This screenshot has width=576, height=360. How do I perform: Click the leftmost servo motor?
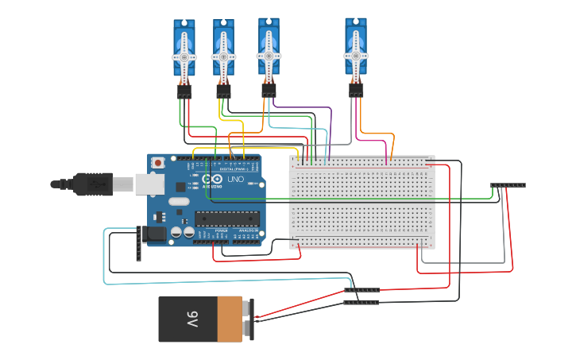[184, 52]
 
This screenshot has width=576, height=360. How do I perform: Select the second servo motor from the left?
[223, 52]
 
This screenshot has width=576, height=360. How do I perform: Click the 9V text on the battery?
[192, 319]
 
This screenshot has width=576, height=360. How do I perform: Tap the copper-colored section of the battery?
[230, 319]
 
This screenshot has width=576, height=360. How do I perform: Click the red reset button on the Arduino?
[158, 163]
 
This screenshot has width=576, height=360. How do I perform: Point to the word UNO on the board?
[236, 180]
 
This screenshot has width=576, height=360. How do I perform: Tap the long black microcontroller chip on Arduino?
[227, 218]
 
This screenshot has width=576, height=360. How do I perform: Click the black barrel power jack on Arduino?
[153, 234]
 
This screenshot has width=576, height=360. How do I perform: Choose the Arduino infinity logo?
[218, 180]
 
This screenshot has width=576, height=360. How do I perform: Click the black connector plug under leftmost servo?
[184, 92]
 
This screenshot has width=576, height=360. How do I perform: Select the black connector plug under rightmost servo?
[356, 91]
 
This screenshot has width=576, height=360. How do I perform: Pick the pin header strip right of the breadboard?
[508, 185]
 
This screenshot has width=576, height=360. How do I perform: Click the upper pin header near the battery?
[361, 291]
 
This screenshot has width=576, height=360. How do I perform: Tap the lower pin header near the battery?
[361, 302]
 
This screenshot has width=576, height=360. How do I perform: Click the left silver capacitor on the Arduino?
[176, 232]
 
